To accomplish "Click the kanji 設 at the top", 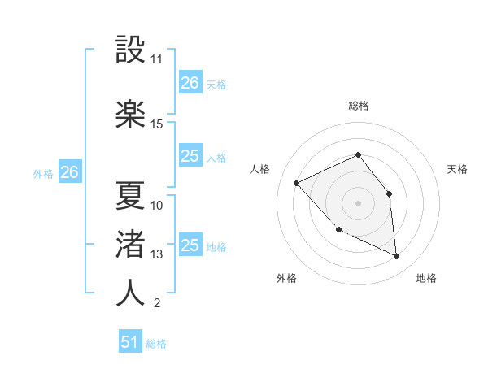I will tap(131, 50).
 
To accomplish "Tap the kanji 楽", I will tap(131, 113).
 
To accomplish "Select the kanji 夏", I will tap(131, 195).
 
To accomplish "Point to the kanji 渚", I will tap(131, 244).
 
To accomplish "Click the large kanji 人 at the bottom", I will tap(131, 293).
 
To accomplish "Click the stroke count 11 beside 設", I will tap(157, 59).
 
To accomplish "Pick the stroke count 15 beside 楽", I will tap(157, 124).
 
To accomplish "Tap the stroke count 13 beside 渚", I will tap(157, 254).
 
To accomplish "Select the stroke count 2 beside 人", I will tap(156, 304).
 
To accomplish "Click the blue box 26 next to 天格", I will tap(190, 83).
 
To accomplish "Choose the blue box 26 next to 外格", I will tap(69, 172).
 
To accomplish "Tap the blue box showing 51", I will tap(130, 342).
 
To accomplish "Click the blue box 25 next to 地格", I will tap(190, 245).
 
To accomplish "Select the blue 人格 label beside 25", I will tap(216, 158).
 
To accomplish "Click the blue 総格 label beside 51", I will tap(156, 344).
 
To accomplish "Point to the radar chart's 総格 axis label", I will tap(358, 106).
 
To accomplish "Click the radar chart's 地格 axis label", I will tap(426, 278).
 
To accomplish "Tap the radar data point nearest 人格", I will tap(297, 183).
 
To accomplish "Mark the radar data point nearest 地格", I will tap(396, 257).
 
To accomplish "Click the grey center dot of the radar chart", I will tap(358, 203).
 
